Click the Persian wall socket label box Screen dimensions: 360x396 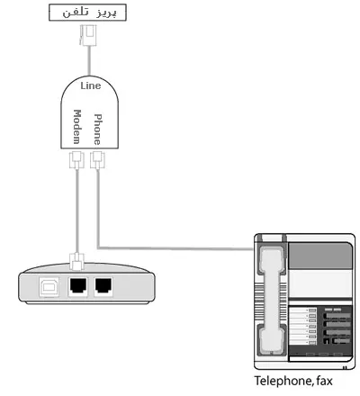[87, 13]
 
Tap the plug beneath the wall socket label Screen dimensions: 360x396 [88, 35]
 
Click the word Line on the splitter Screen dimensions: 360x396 [91, 85]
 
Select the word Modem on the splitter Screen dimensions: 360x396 [77, 127]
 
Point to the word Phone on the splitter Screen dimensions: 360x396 [98, 130]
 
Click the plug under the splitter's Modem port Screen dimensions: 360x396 [76, 160]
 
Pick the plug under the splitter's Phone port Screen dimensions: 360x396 [98, 160]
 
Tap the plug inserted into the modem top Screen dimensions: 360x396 [77, 261]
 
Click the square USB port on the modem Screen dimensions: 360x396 [49, 287]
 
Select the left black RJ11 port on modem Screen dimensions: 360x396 [78, 285]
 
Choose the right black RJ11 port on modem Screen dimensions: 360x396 [103, 285]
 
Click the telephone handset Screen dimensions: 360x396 [271, 301]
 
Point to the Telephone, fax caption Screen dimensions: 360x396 [293, 381]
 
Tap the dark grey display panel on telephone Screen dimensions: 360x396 [319, 256]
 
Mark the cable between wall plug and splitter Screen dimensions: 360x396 [89, 60]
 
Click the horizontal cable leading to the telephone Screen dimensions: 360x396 [175, 248]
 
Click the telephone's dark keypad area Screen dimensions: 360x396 [319, 330]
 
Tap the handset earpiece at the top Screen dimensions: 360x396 [271, 258]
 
